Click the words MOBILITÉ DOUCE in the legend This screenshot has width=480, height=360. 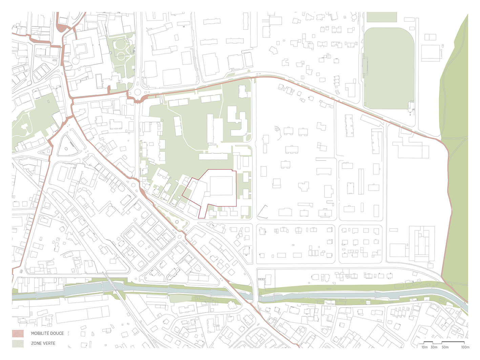pos(47,333)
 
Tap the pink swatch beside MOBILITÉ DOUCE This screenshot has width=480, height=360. pos(18,333)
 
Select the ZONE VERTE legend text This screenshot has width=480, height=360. pos(43,343)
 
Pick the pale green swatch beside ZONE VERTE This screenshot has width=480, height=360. pos(18,343)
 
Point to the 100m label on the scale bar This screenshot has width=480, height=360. pos(465,347)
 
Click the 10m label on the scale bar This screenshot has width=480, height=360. pos(424,347)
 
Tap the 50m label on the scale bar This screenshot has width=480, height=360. pos(445,347)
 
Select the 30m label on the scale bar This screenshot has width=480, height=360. pos(434,347)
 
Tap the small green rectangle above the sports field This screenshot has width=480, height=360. pos(381,17)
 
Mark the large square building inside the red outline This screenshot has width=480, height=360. pos(221,186)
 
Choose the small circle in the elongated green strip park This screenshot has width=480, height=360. pos(177,222)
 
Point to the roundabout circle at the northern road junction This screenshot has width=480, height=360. pos(138,91)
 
